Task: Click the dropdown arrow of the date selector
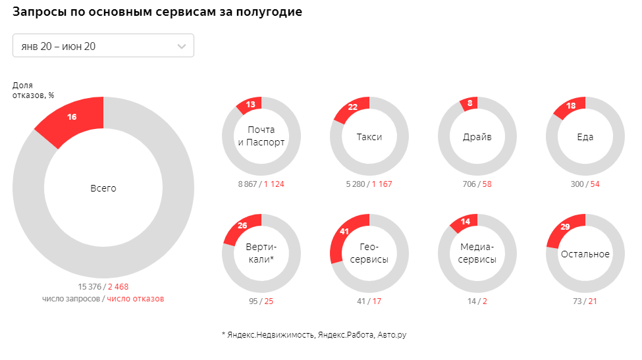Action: [182, 46]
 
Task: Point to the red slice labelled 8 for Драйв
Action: [469, 103]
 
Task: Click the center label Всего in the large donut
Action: [103, 188]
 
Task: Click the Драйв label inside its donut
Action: [477, 137]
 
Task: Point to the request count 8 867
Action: [249, 184]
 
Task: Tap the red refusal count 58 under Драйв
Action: [487, 184]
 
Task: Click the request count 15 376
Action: [90, 286]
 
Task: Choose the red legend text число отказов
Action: [135, 298]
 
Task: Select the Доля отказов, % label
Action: [33, 90]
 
